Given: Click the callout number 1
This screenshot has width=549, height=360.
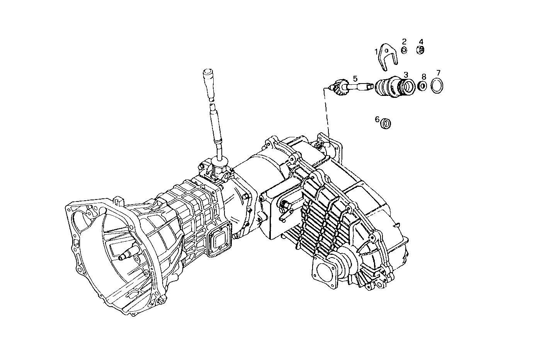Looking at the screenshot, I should click(376, 51).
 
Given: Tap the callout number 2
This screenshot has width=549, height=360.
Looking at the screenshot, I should click(404, 41).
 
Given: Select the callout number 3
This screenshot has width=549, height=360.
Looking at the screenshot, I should click(406, 74).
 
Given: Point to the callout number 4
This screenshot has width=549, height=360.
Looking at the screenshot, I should click(421, 41).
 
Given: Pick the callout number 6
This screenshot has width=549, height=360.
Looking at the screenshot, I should click(377, 119).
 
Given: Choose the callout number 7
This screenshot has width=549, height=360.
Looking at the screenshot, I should click(438, 73).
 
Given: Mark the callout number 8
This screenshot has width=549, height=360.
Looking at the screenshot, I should click(424, 77).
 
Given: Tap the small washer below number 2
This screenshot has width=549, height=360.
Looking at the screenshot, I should click(404, 50).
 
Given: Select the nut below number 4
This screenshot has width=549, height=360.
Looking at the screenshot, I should click(421, 49).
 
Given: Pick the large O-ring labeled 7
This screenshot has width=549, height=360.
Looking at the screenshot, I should click(437, 86).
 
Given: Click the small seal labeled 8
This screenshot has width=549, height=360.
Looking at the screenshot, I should click(423, 86).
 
